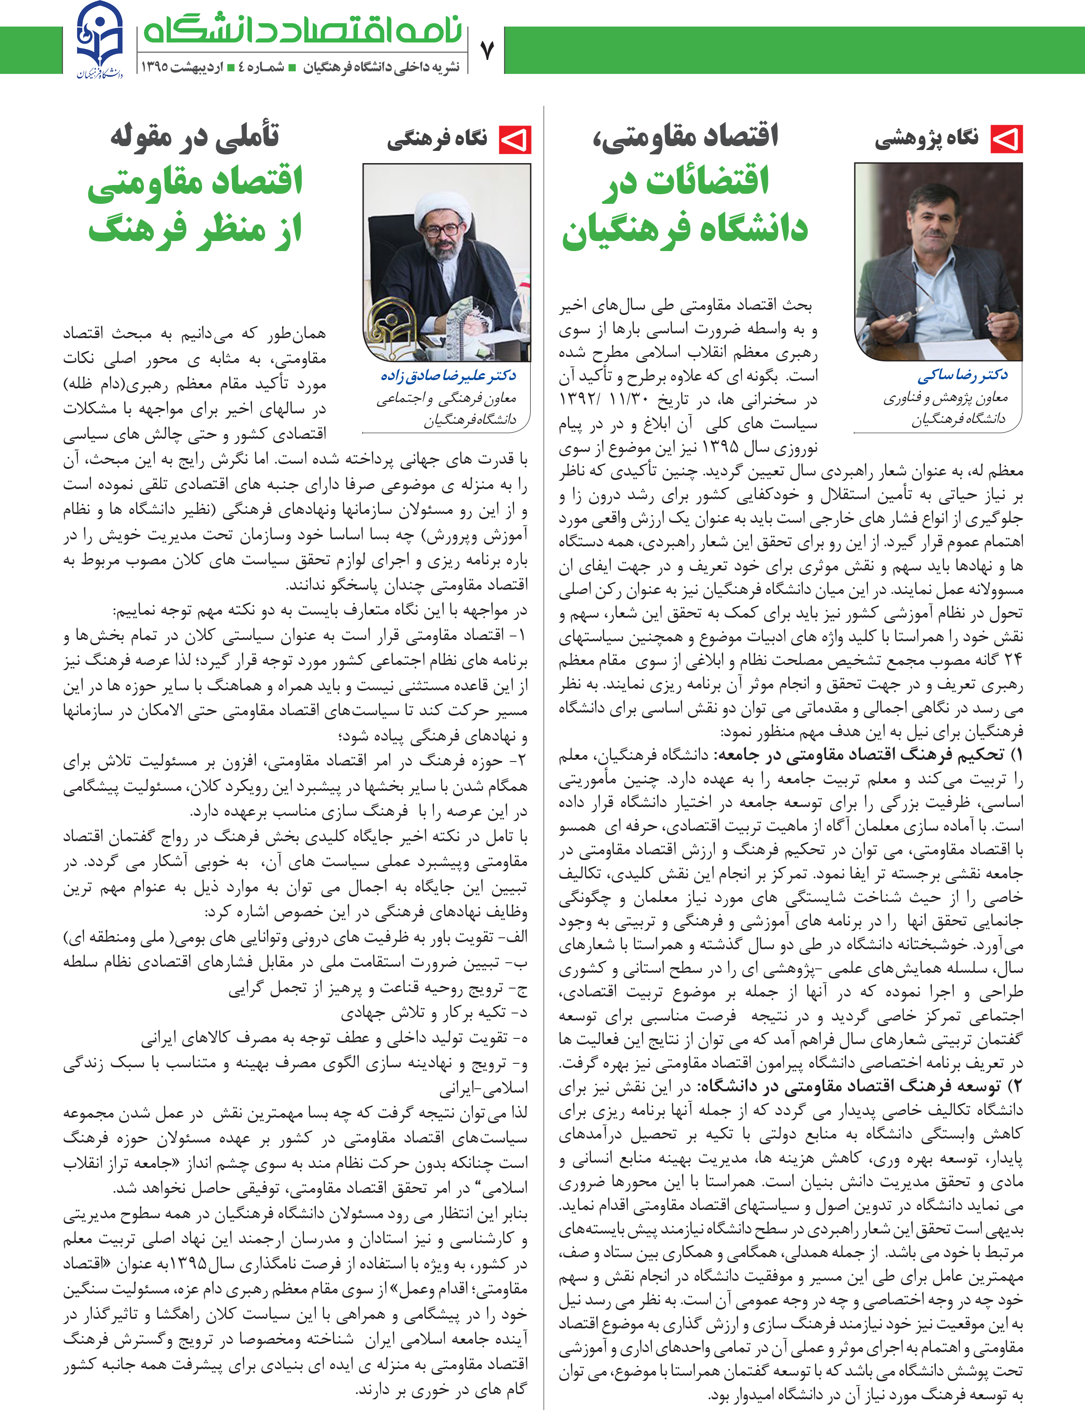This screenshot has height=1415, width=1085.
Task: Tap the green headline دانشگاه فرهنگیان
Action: point(685,230)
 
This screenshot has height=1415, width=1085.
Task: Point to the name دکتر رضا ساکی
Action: point(962,375)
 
